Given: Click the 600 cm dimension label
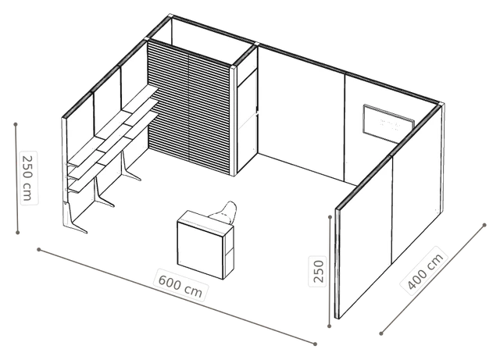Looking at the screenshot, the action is (x=180, y=285).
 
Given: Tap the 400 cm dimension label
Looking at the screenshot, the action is (x=425, y=271).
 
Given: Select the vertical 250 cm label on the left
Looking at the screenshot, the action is (x=29, y=177).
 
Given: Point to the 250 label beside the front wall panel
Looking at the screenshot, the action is (x=318, y=271).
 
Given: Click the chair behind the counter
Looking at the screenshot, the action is (x=226, y=212).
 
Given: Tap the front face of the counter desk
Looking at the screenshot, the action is (x=201, y=249).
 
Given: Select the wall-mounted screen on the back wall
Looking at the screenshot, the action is (x=388, y=123).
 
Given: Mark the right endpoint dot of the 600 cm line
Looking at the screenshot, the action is (x=315, y=344).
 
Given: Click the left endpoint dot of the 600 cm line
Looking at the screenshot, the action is (x=38, y=249).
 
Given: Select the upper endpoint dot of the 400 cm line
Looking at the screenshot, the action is (x=484, y=225).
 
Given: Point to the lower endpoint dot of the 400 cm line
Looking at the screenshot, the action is (x=381, y=333).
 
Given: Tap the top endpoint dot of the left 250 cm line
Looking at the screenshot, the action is (x=16, y=123).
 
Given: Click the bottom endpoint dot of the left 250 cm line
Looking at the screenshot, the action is (x=18, y=233).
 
